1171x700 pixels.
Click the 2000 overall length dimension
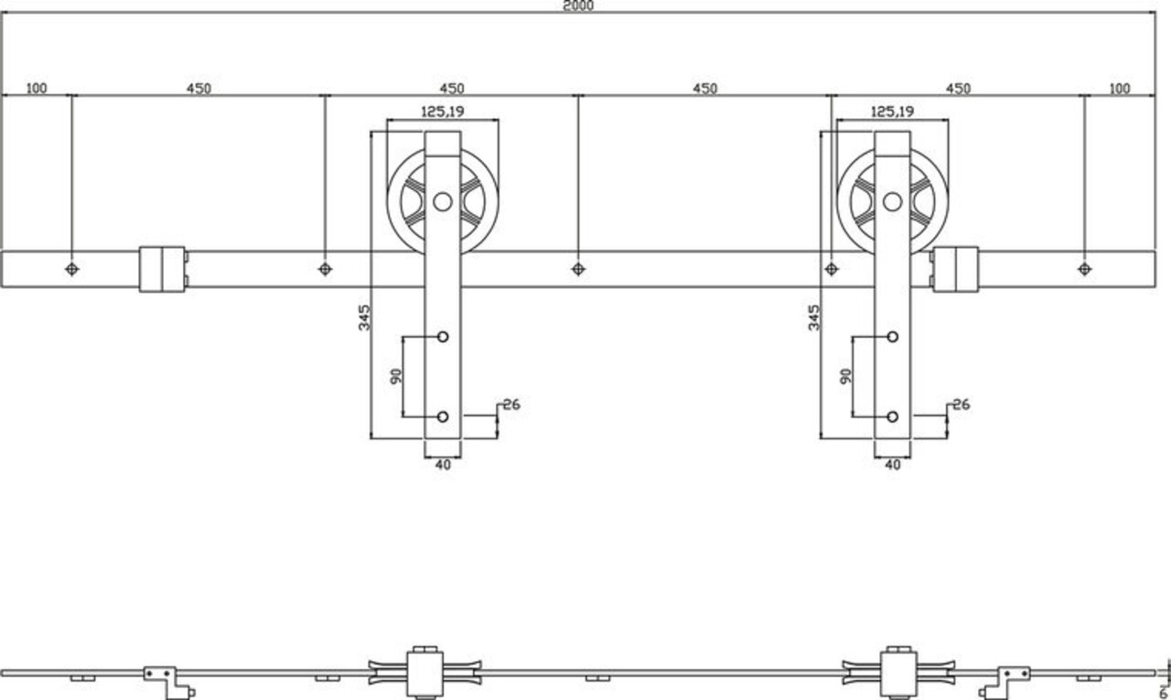click(x=579, y=5)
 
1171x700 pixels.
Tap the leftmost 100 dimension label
click(x=37, y=89)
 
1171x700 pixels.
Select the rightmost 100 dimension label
click(x=1119, y=89)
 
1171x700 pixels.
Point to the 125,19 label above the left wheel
click(x=442, y=112)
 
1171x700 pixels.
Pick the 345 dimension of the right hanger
click(x=813, y=318)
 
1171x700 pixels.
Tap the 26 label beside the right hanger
click(x=961, y=404)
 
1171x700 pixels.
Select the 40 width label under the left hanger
click(x=443, y=465)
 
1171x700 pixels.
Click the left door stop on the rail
click(x=163, y=269)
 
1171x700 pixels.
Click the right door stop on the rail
click(x=954, y=269)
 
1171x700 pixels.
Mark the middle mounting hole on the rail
click(x=577, y=269)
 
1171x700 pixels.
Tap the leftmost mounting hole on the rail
click(x=72, y=269)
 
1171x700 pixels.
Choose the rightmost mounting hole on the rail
click(x=1084, y=269)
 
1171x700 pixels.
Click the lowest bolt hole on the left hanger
click(x=443, y=417)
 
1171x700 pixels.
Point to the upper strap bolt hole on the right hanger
click(x=892, y=337)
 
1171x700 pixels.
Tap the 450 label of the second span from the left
click(x=452, y=89)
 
